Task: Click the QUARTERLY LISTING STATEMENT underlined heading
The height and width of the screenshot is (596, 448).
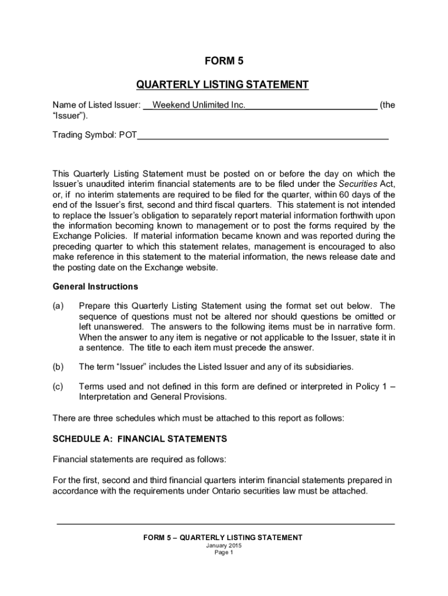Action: [222, 85]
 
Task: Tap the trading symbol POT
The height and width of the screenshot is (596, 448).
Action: [128, 136]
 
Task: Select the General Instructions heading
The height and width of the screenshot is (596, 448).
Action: [95, 286]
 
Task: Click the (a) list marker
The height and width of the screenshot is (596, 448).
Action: [58, 306]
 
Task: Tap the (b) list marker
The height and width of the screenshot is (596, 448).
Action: [58, 367]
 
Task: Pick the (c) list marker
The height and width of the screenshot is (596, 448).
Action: [58, 386]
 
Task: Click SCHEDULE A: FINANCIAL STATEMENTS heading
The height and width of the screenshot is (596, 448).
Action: [140, 438]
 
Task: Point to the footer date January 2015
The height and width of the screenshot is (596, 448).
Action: [223, 546]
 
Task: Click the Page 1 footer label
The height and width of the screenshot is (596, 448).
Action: [223, 553]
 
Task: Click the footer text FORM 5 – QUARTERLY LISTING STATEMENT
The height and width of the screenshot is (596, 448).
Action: [223, 538]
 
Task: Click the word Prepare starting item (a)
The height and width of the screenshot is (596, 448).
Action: [95, 306]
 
